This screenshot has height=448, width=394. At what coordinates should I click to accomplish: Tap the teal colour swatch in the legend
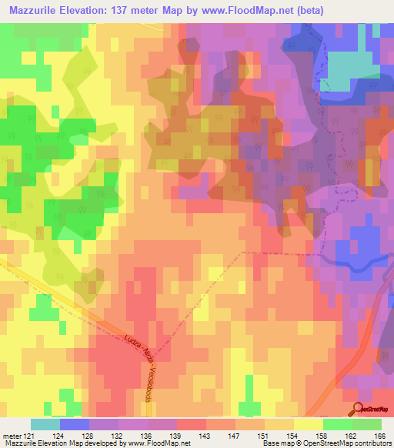pyautogui.click(x=45, y=424)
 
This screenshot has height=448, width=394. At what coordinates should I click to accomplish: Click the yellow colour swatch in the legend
pyautogui.click(x=308, y=424)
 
